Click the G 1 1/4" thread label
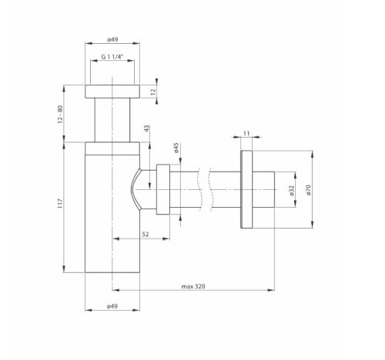click(112, 57)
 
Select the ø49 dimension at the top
click(112, 39)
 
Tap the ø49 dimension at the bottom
click(112, 306)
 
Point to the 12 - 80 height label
click(60, 114)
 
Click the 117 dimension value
click(60, 203)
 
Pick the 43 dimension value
click(146, 128)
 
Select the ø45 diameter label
click(176, 148)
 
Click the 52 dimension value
click(146, 234)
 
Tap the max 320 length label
click(193, 286)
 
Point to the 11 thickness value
click(246, 133)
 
